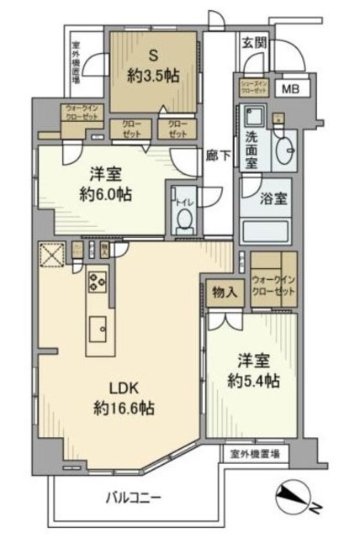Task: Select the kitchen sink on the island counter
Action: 96,328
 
